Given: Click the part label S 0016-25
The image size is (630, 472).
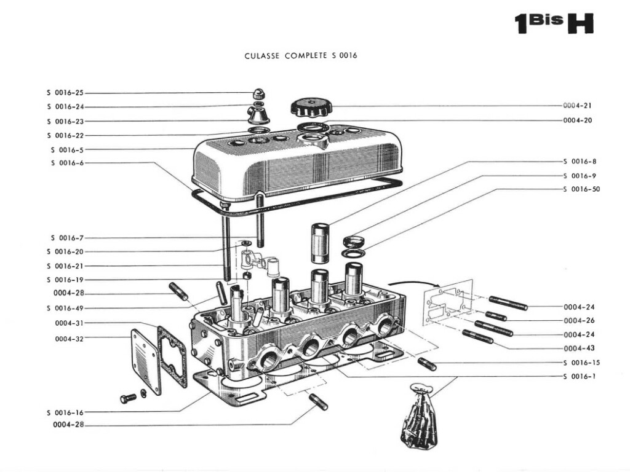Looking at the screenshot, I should tap(65, 93).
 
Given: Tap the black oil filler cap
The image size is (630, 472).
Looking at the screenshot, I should tap(311, 107).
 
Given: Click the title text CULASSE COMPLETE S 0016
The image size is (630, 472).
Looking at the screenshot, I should tap(300, 55).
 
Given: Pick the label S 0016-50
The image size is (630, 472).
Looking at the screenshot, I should tap(581, 189).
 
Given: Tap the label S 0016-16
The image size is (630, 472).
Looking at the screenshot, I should tap(65, 412).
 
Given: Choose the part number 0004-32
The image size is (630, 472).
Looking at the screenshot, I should tap(69, 338).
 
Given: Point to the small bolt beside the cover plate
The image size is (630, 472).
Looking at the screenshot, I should tap(128, 398).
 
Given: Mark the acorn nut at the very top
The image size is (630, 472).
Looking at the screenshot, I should tap(259, 94).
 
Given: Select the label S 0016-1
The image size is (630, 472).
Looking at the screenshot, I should tap(579, 376).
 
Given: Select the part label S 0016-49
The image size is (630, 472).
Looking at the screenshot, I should tap(65, 308).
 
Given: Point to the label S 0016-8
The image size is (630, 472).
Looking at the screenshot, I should tap(579, 162).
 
